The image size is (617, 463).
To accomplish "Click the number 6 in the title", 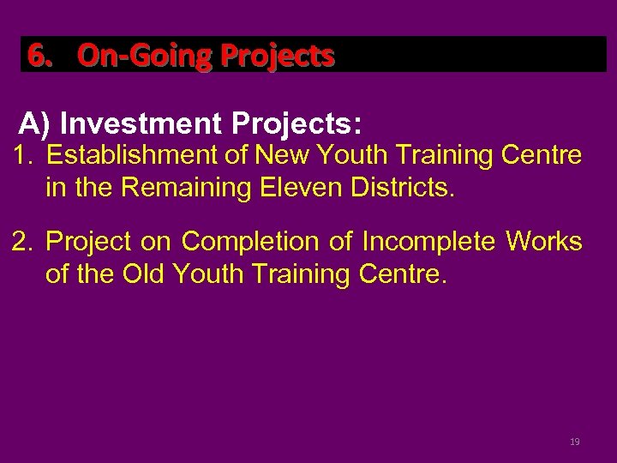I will click(x=36, y=56).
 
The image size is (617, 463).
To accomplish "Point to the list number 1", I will click(x=21, y=156).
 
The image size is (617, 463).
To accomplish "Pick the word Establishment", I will click(x=129, y=156).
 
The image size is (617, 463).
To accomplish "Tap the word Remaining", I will click(x=201, y=187).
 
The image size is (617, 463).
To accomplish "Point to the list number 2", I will click(x=21, y=242).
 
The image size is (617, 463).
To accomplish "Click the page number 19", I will click(x=575, y=442).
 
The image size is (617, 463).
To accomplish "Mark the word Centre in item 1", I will click(x=542, y=156).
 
